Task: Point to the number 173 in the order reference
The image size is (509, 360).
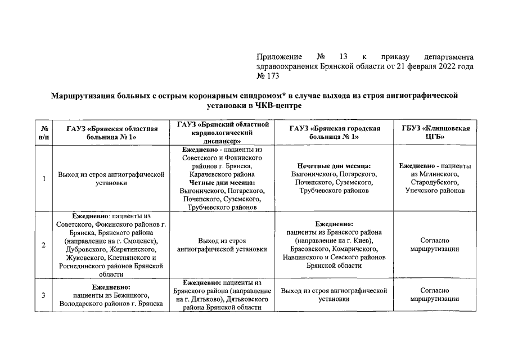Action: tap(268, 76)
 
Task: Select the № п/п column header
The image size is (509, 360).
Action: tap(43, 133)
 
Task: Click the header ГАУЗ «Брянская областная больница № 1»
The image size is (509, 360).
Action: tap(111, 133)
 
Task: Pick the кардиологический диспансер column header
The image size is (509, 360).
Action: tap(223, 133)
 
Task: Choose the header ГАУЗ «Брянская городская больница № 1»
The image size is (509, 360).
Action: tap(335, 133)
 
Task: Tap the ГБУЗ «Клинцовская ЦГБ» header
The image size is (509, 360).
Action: tap(435, 133)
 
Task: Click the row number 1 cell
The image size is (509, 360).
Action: tap(43, 179)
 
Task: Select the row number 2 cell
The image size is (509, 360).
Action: tap(43, 245)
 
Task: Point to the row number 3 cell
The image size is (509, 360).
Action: tap(43, 295)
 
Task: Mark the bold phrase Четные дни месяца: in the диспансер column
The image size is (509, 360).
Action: tap(222, 183)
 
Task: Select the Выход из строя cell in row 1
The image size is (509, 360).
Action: tap(111, 178)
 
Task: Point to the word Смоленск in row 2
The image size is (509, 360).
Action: tap(136, 241)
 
